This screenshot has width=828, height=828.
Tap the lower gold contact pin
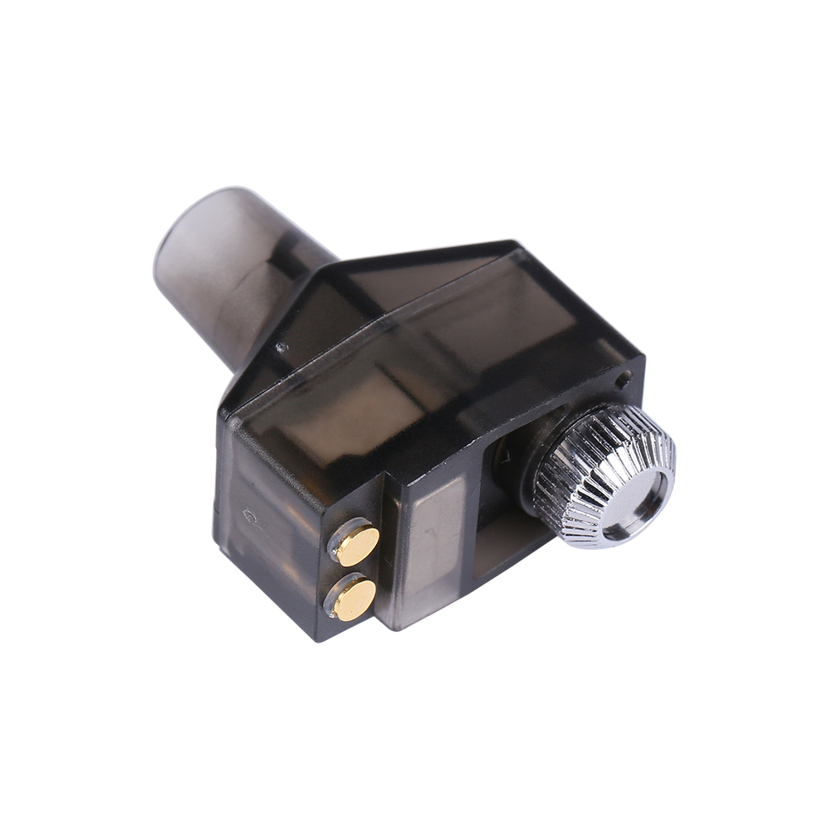pos(354,598)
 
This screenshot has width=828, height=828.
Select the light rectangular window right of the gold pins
pos(435,547)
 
